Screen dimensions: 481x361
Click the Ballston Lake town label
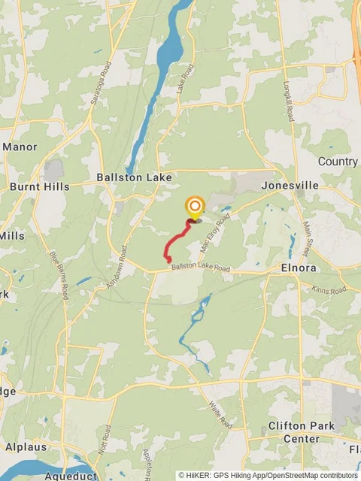134,178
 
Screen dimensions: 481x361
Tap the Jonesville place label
290,185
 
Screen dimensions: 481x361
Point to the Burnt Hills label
39,186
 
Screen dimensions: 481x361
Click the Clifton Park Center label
301,432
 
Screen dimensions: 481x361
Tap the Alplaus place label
26,446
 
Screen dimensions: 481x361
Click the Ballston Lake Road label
199,268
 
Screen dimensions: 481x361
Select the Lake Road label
185,80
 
